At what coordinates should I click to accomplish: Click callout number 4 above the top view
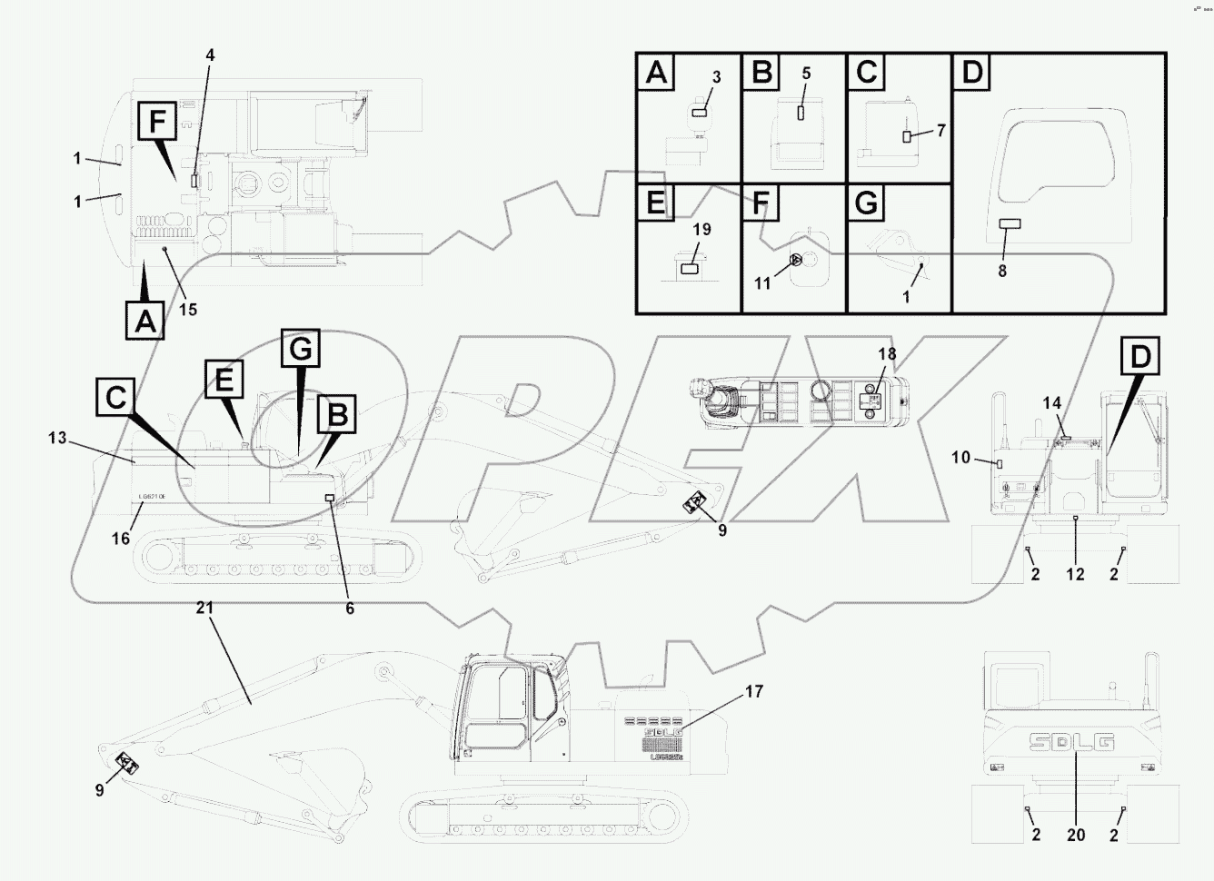click(210, 55)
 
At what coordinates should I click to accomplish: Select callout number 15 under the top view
click(187, 310)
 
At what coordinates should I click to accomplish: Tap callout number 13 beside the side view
click(57, 438)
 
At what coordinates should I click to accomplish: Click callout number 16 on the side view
click(121, 539)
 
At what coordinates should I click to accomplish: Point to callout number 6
click(350, 609)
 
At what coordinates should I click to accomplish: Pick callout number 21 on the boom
click(204, 608)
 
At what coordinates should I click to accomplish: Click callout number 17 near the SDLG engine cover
click(754, 692)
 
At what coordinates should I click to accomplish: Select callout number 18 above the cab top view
click(886, 353)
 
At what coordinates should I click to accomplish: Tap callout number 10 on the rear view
click(961, 458)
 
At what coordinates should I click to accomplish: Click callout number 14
click(1051, 402)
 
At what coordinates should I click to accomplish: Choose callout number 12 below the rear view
click(1076, 575)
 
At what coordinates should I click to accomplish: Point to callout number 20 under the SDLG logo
click(1076, 835)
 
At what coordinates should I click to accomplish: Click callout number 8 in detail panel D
click(1002, 271)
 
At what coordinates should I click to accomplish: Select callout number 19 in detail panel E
click(702, 230)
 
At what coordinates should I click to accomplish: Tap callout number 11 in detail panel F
click(762, 283)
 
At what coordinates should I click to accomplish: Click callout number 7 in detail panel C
click(941, 131)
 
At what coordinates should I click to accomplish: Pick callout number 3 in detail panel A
click(716, 78)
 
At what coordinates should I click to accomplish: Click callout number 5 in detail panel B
click(806, 74)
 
